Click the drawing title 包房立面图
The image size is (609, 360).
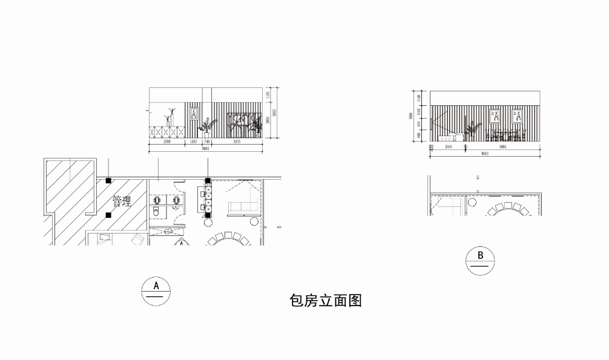[x=326, y=301]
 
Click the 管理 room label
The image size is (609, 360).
[x=122, y=200]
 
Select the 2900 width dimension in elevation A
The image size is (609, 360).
[x=166, y=141]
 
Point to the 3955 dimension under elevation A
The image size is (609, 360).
[x=237, y=141]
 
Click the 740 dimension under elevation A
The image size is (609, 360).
[x=207, y=141]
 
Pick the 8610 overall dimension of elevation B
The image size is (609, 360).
[x=485, y=154]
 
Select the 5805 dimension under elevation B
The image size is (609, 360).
[x=502, y=146]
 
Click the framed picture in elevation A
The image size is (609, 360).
[x=194, y=114]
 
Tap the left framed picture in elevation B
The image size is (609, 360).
[x=495, y=115]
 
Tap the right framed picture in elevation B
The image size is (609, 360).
[x=517, y=115]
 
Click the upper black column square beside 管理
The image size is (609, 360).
[x=108, y=180]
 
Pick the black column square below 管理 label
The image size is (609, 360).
[x=108, y=215]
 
